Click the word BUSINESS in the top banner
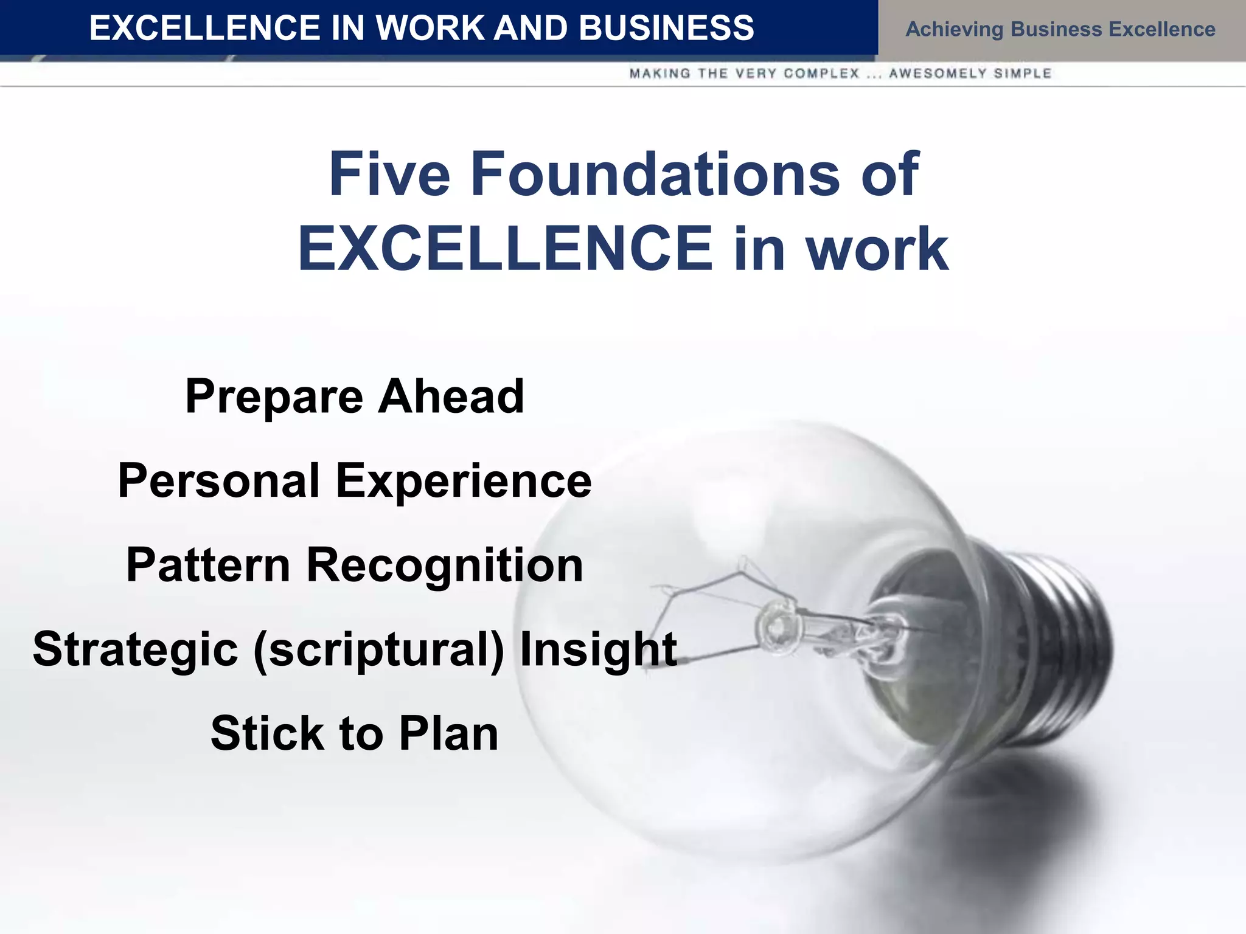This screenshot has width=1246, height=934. [x=666, y=28]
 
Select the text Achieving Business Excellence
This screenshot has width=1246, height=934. [x=1060, y=29]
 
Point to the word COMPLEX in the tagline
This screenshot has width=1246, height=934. [x=821, y=74]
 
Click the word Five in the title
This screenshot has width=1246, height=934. [x=389, y=175]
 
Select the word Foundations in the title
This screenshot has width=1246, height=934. [x=655, y=175]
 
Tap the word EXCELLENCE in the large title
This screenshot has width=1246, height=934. [x=505, y=249]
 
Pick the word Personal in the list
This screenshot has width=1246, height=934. [x=218, y=480]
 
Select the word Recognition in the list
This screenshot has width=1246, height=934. [x=445, y=566]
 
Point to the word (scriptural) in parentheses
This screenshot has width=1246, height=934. [x=378, y=650]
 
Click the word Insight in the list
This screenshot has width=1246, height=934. [x=598, y=650]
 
